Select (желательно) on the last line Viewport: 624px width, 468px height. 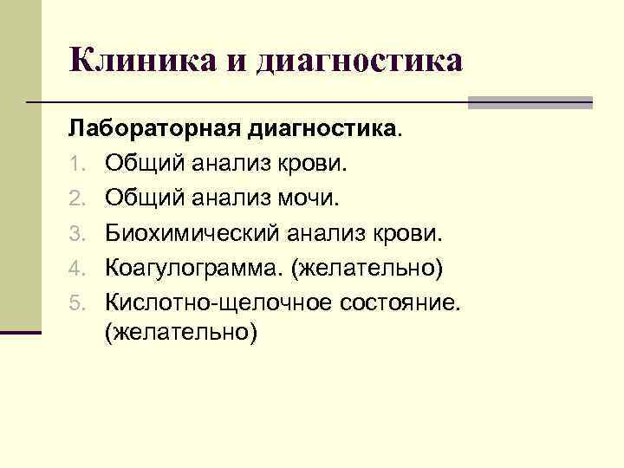pyautogui.click(x=181, y=334)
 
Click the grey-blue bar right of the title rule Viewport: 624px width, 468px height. pyautogui.click(x=530, y=102)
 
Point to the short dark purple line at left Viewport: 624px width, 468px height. pyautogui.click(x=21, y=332)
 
